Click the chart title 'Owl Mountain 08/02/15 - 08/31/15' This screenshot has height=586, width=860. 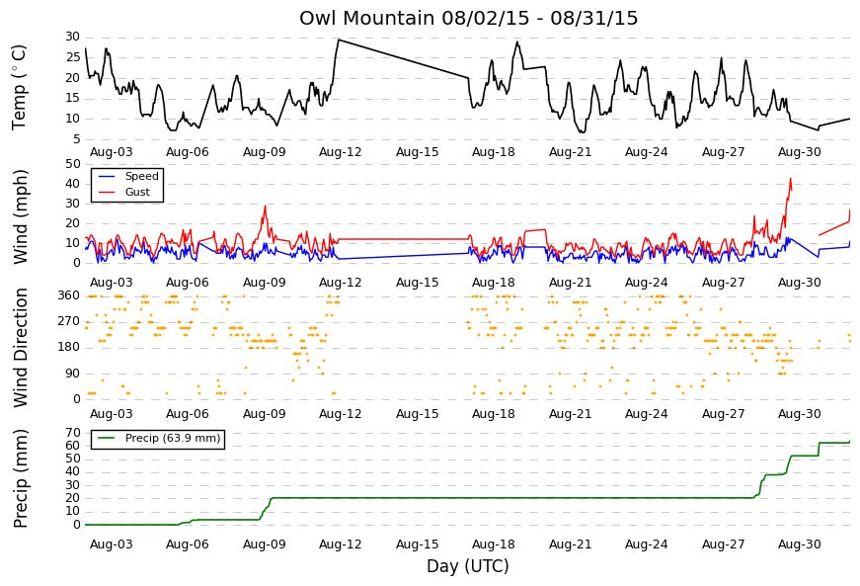(468, 18)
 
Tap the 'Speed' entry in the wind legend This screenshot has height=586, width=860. (141, 176)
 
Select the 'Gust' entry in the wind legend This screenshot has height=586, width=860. (137, 192)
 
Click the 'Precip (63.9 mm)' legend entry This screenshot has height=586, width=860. (173, 438)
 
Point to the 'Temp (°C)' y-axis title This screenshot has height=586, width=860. (19, 88)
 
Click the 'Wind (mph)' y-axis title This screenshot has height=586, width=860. (21, 216)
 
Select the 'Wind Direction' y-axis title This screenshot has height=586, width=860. (21, 348)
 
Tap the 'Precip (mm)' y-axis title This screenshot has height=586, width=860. (21, 478)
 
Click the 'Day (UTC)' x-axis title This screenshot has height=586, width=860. (468, 565)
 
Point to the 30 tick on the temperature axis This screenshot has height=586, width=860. (73, 37)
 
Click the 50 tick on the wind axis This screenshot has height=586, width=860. (73, 164)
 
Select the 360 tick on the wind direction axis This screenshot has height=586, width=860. (69, 295)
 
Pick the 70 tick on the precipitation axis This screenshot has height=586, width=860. (73, 433)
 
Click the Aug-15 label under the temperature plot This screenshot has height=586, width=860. (418, 152)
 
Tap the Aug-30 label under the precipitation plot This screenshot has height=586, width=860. (800, 544)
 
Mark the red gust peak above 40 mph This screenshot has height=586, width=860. (790, 179)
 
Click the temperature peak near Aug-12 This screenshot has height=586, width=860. (339, 40)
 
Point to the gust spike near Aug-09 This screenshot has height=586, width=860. (266, 207)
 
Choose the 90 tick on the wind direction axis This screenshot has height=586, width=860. (73, 374)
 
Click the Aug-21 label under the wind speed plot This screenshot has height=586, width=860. (571, 283)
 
